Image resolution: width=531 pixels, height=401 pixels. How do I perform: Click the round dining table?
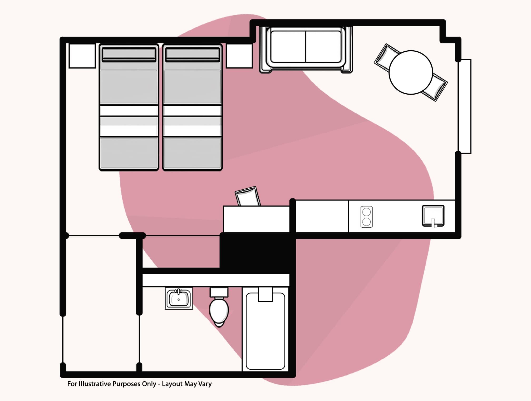pyautogui.click(x=411, y=72)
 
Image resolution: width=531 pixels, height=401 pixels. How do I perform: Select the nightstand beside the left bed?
pyautogui.click(x=82, y=56)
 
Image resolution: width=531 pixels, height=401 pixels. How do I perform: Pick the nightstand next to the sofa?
pyautogui.click(x=239, y=56)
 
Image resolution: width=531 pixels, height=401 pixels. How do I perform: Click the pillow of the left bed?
pyautogui.click(x=129, y=54)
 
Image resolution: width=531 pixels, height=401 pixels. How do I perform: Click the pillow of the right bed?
pyautogui.click(x=193, y=54)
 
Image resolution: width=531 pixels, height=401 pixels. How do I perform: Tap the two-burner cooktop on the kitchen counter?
pyautogui.click(x=366, y=217)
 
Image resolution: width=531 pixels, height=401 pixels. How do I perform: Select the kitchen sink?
pyautogui.click(x=433, y=216)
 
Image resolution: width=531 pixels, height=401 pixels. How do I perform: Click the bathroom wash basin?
pyautogui.click(x=179, y=298)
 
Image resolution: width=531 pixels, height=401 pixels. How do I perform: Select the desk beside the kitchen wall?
pyautogui.click(x=256, y=219)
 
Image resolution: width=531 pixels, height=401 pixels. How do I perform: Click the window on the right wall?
pyautogui.click(x=465, y=106)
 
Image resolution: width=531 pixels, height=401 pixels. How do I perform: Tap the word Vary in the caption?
pyautogui.click(x=205, y=384)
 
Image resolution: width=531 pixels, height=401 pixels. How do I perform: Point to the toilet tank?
pyautogui.click(x=219, y=292)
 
